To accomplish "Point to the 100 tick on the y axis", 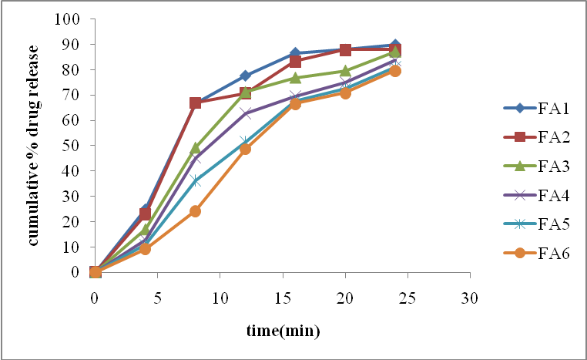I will (68, 19).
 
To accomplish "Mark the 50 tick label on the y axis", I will (72, 146).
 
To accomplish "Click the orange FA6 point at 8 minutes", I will (195, 211).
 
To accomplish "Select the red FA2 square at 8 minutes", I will (195, 103).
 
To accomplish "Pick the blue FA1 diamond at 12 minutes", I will (245, 76).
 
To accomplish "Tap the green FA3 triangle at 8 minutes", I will (195, 148).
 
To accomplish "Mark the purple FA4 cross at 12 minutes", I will (245, 113).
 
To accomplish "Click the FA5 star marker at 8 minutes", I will (195, 180).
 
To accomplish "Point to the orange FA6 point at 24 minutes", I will (395, 71).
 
